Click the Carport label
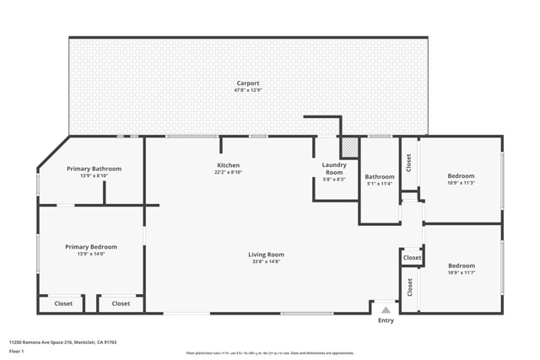coord(247,83)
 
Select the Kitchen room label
coord(228,165)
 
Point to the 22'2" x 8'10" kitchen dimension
coord(228,172)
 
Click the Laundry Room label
coord(334,168)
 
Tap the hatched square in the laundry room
coord(349,148)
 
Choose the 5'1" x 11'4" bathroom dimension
coord(379,183)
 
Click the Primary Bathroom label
coord(94,169)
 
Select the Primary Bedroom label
coord(91,247)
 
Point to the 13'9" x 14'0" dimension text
coord(91,254)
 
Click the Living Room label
coord(266,255)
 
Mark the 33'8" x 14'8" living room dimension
coord(266,261)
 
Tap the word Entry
coord(386,320)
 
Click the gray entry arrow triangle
coord(386,309)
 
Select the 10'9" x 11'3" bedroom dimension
coord(461,183)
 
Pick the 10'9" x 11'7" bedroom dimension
coord(461,272)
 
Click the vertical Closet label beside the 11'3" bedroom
coord(409,162)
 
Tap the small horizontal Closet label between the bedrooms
coord(412,258)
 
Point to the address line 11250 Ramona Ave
coord(63,342)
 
